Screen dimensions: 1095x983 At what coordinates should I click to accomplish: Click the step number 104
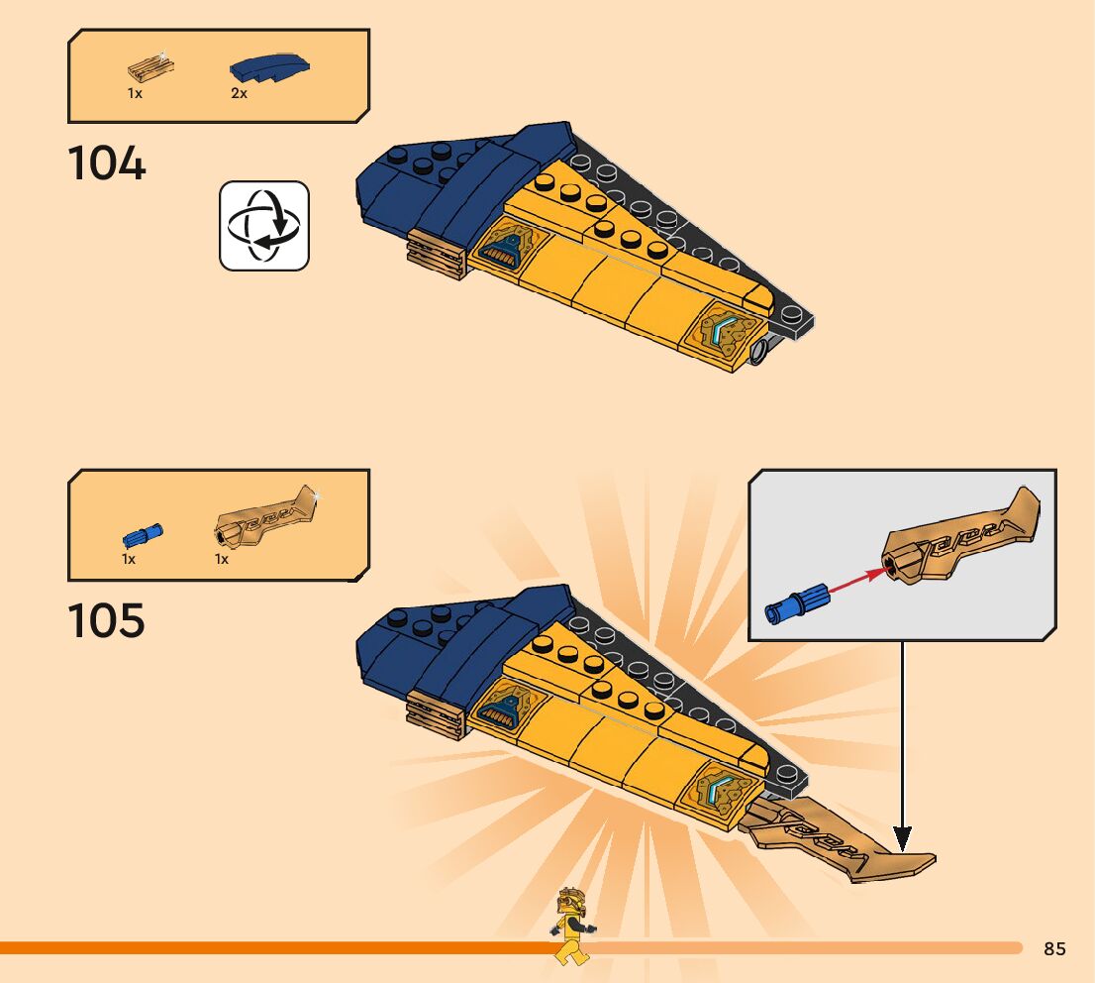[x=107, y=164]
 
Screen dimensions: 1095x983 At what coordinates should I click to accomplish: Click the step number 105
[x=107, y=621]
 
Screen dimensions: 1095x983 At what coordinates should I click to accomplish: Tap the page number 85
[x=1054, y=949]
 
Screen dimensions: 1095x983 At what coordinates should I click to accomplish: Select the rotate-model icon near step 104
[x=264, y=226]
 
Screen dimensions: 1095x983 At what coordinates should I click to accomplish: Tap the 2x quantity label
[x=239, y=94]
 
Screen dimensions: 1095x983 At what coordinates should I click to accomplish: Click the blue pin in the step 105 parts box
[x=144, y=536]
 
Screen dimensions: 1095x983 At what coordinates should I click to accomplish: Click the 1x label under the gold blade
[x=222, y=559]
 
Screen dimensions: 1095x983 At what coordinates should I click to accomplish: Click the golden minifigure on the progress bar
[x=571, y=926]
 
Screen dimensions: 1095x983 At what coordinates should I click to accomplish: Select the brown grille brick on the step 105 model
[x=436, y=713]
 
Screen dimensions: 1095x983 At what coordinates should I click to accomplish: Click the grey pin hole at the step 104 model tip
[x=761, y=351]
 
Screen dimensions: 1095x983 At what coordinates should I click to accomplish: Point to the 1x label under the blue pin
[x=129, y=559]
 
